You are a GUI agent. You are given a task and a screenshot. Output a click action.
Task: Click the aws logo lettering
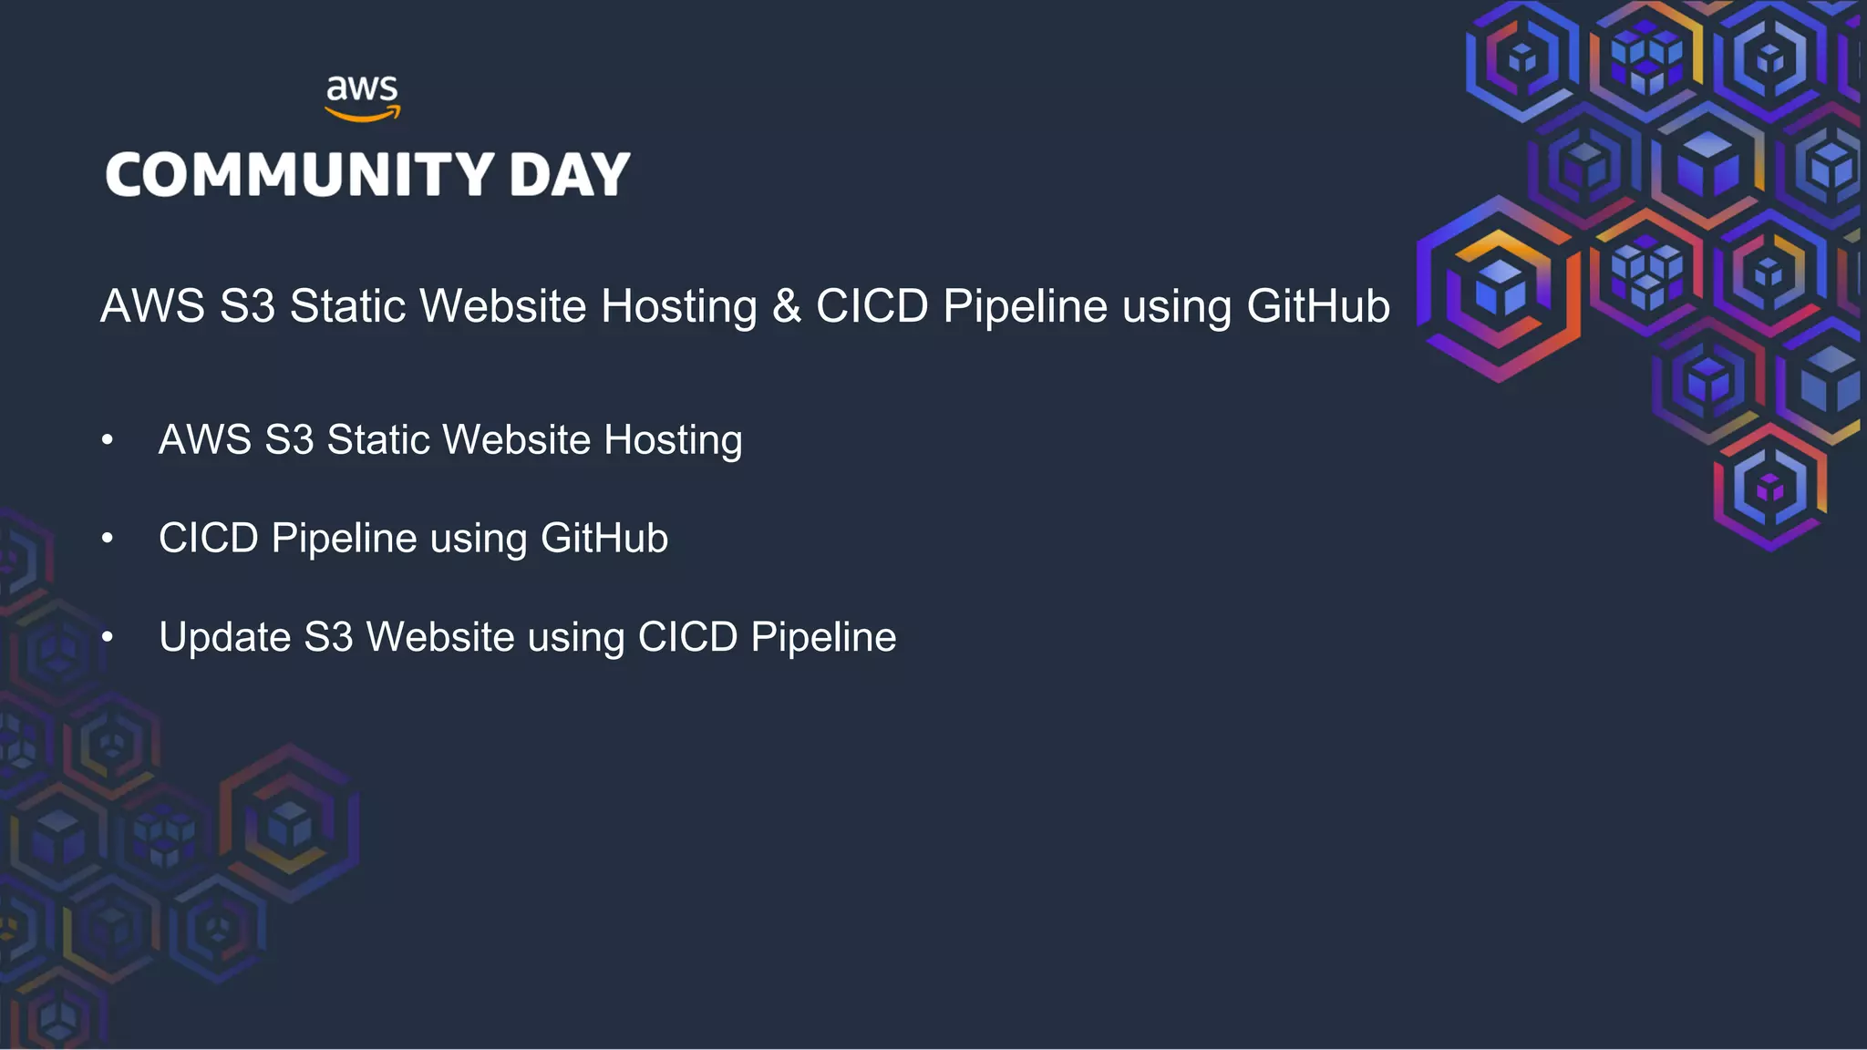tap(362, 88)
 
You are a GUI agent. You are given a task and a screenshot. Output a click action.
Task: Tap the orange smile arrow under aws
tap(362, 115)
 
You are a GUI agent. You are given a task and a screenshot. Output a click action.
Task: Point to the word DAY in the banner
tap(570, 174)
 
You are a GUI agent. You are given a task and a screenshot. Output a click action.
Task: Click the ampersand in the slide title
tap(786, 306)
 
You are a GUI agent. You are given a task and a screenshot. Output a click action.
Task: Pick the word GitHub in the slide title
tap(1317, 306)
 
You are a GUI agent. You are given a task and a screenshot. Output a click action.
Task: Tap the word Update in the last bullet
tap(224, 637)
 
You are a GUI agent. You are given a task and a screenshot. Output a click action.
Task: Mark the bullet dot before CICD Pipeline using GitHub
tap(108, 539)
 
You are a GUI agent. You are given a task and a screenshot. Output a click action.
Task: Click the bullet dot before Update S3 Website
tap(108, 637)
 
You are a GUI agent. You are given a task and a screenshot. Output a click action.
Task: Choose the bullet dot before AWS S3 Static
tap(108, 440)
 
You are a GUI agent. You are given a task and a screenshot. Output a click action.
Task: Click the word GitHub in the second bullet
tap(604, 539)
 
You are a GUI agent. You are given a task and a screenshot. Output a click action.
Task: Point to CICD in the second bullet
tap(209, 539)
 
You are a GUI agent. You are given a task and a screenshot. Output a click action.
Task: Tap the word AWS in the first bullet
tap(205, 440)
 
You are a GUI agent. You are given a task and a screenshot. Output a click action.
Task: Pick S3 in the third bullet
tap(328, 637)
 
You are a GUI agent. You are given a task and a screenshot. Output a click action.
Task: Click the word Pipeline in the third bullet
tap(823, 637)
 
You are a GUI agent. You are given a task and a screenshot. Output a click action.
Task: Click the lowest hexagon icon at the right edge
tap(1769, 488)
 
